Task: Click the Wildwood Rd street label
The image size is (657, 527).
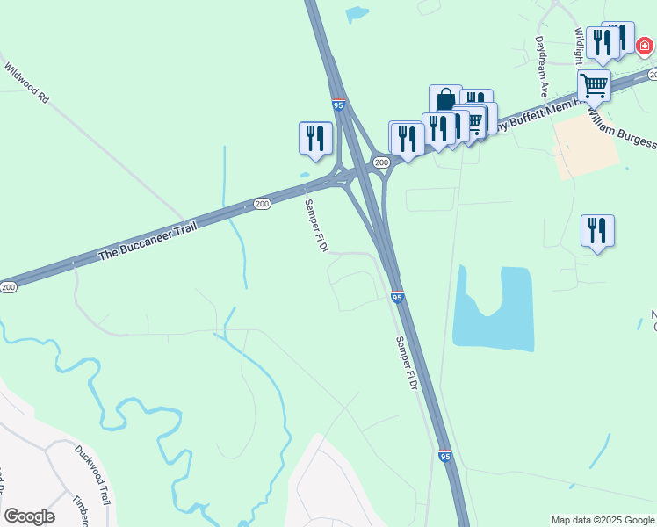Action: click(25, 83)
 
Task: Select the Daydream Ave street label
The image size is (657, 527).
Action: click(542, 67)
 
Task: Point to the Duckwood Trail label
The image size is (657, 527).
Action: click(91, 475)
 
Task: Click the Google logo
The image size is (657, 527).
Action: click(29, 516)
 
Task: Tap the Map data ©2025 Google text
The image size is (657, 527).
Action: click(603, 520)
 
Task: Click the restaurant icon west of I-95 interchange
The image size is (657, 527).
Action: click(315, 138)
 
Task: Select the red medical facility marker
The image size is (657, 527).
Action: click(644, 44)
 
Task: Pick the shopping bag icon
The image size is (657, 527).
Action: click(445, 99)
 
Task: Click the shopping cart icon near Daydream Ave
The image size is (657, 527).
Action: click(594, 85)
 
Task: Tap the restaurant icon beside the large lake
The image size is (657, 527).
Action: click(597, 230)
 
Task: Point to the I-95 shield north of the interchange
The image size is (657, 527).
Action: click(339, 105)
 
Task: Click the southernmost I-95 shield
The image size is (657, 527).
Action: click(446, 457)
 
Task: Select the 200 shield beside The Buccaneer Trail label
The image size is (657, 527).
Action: click(262, 204)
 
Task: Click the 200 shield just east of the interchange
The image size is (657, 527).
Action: click(380, 162)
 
